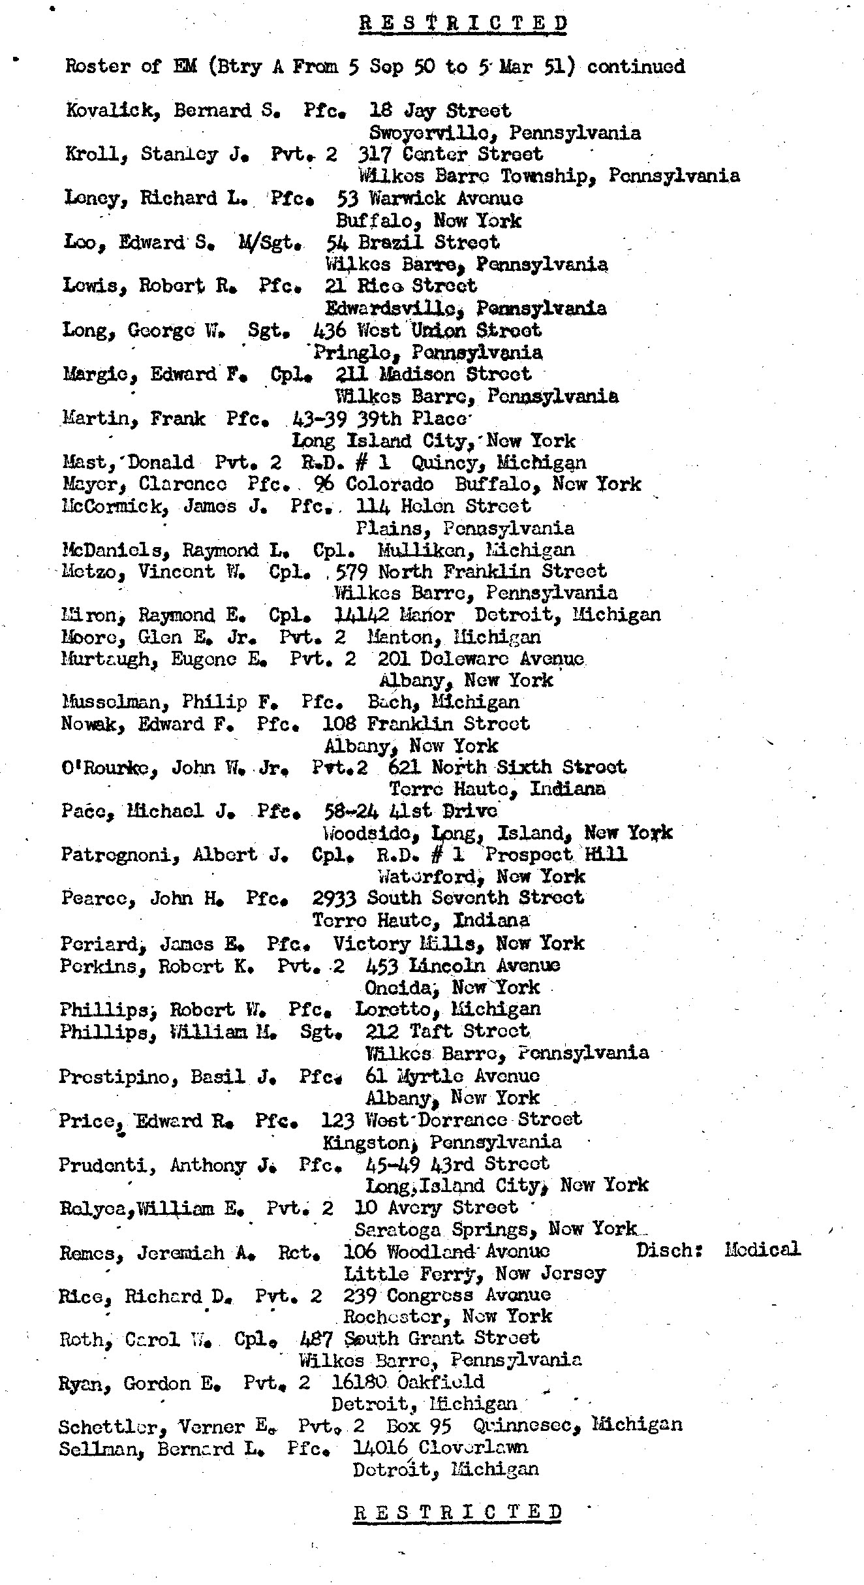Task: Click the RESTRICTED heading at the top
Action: point(463,24)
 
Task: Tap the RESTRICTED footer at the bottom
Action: point(458,1512)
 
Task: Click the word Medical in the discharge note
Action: point(762,1249)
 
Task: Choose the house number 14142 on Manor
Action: point(362,615)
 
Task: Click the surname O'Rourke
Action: point(109,768)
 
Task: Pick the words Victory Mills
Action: point(408,943)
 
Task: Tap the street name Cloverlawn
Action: point(472,1447)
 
